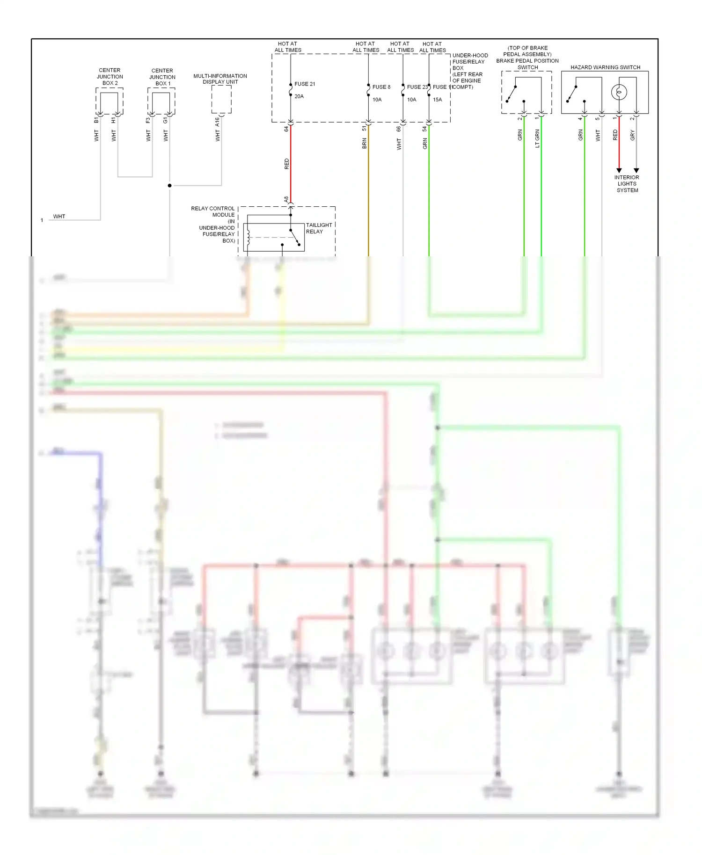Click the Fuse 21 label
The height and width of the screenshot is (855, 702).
pos(305,84)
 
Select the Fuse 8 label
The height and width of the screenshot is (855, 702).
pos(381,87)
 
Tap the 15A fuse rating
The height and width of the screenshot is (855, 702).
pos(437,100)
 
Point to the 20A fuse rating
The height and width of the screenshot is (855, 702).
pos(299,96)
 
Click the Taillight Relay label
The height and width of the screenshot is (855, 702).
pos(319,228)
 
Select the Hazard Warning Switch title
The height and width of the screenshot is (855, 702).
pos(605,67)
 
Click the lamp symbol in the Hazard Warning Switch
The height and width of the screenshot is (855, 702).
pos(619,92)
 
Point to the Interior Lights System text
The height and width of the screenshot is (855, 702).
pos(627,184)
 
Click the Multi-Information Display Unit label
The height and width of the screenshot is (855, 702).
pos(220,79)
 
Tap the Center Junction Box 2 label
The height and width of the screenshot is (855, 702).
pos(110,77)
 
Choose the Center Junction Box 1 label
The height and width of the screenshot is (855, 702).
pos(162,77)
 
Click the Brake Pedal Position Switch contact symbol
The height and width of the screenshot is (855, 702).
pos(514,94)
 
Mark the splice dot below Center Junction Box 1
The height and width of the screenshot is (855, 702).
pos(169,186)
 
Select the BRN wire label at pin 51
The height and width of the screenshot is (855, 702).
pos(365,144)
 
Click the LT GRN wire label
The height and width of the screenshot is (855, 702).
pos(537,138)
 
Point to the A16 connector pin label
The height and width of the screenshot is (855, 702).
pos(217,122)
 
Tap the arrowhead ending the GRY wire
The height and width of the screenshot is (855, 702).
pos(636,171)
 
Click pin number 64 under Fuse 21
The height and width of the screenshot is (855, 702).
pos(286,129)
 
